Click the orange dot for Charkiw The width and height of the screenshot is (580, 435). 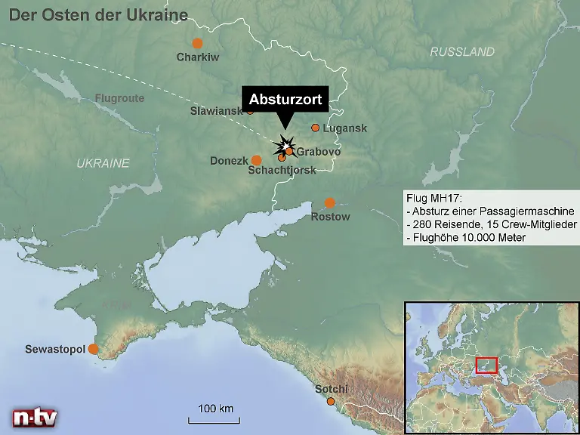pos(197,43)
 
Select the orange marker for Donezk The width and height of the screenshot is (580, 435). pos(256,160)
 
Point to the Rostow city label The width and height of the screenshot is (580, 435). pos(331,217)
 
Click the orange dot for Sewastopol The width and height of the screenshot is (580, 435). pos(93,349)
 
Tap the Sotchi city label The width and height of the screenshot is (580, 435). pos(331,389)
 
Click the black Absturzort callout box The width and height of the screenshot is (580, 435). pos(285,100)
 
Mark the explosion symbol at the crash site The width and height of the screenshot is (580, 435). pos(285,143)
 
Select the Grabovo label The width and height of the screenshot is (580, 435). pos(318,152)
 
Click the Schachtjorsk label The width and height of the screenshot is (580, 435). pos(282,171)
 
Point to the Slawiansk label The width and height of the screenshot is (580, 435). pos(217,111)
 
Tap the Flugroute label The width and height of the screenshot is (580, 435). pos(119,98)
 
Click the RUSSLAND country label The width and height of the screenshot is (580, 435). pos(462,52)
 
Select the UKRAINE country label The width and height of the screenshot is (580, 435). pos(103,163)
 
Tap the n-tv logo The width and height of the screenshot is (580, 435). pos(35,417)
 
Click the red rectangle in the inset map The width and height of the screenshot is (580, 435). pos(486,366)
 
